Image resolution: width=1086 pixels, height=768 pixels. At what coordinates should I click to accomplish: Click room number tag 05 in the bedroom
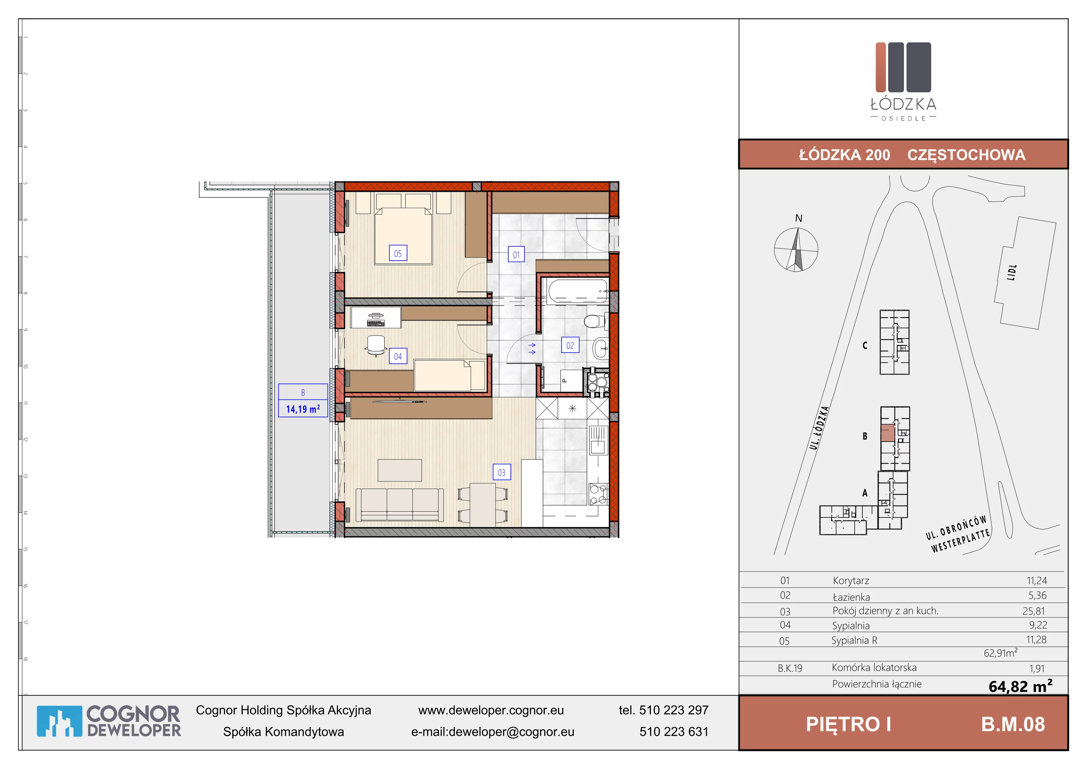(398, 253)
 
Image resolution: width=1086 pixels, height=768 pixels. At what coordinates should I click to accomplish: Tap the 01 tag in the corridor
(516, 254)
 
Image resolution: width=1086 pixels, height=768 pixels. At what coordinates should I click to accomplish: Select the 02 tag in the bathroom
(570, 345)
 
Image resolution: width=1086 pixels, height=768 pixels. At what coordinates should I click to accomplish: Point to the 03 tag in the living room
(502, 472)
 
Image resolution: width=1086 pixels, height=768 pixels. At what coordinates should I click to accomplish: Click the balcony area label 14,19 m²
(303, 409)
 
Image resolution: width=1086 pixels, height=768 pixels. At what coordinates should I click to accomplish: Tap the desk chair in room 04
(376, 345)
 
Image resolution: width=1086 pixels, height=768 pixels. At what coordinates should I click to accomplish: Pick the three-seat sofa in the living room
(400, 505)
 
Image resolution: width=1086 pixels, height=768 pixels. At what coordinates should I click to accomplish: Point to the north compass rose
(796, 249)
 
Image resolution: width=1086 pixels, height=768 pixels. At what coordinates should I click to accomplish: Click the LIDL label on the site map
(1012, 273)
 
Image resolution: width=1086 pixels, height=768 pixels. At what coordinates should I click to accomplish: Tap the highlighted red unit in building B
(887, 433)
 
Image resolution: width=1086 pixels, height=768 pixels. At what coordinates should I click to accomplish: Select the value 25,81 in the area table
(1034, 611)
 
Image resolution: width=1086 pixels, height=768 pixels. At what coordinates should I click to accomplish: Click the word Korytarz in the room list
(851, 581)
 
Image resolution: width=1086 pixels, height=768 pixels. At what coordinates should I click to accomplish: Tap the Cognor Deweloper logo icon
(59, 721)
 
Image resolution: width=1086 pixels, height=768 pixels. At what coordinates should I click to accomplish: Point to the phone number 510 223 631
(674, 732)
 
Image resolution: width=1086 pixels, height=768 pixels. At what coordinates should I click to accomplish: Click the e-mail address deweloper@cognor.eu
(511, 732)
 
